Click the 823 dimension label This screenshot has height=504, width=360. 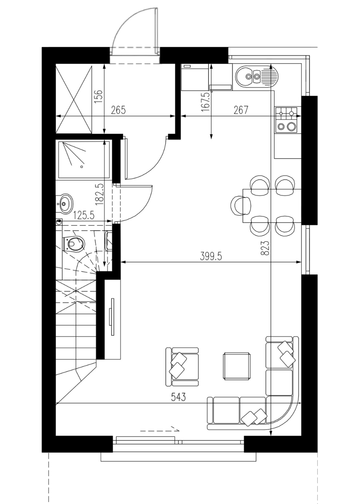click(265, 248)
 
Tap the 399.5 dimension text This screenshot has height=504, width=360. click(211, 256)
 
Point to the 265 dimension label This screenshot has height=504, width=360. click(119, 110)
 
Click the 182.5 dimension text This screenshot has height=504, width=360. click(99, 194)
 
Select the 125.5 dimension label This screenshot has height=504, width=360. click(83, 216)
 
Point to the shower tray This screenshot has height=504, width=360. click(84, 160)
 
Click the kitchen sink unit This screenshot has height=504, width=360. click(257, 77)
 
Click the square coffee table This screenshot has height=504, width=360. click(236, 366)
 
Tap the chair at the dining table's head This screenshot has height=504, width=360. click(240, 206)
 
